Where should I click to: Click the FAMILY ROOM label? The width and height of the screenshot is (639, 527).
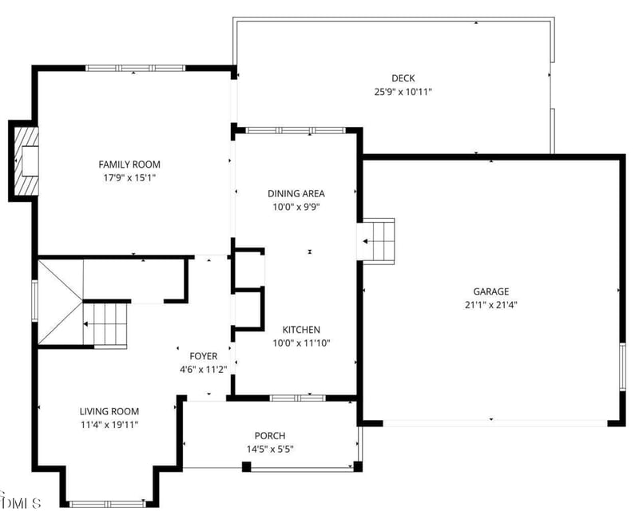coord(129,164)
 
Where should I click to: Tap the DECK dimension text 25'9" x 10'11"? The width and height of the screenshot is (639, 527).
coord(403,92)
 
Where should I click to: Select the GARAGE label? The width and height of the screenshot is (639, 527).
coord(490,291)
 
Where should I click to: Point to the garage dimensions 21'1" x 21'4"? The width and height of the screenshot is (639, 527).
coord(490,305)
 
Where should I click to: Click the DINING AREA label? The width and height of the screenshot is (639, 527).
coord(296,193)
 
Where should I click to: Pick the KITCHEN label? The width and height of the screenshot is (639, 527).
coord(301,330)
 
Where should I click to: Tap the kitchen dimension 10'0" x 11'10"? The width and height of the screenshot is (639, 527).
coord(301,343)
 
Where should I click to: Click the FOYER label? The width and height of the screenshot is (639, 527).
coord(204,356)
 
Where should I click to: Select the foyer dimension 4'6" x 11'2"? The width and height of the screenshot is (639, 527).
coord(204,370)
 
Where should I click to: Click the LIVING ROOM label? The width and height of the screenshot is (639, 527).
coord(109,411)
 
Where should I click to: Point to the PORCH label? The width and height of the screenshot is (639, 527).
coord(270,435)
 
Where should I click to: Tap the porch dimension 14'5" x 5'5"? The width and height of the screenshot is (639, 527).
coord(270,450)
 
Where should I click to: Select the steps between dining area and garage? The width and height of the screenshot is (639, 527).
coord(379,241)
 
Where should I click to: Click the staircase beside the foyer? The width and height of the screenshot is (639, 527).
coord(105,324)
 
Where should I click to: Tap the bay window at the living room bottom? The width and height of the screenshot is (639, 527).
coord(107,504)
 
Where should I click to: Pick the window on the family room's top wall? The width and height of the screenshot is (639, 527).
coord(135,68)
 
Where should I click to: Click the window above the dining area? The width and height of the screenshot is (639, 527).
coord(296,130)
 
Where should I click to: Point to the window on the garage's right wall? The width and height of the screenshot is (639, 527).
coord(622,367)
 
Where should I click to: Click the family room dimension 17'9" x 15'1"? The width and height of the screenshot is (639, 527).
coord(129,177)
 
